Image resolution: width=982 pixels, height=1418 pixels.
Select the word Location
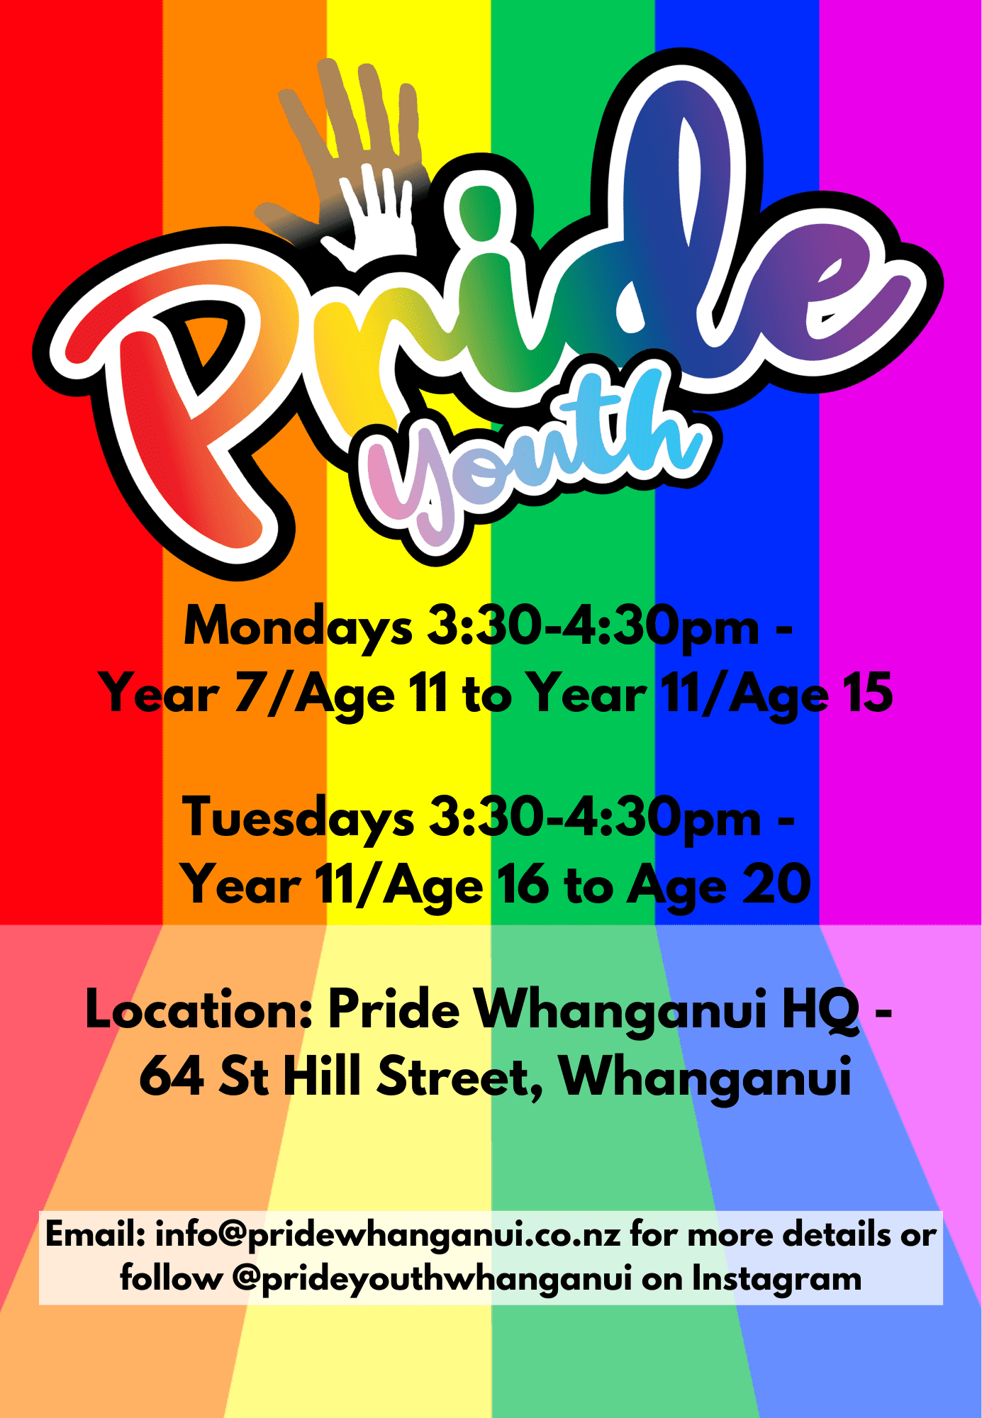(x=199, y=1009)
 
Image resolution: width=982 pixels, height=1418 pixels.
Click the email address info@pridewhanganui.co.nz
(x=388, y=1235)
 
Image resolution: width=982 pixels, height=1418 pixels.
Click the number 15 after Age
(x=867, y=693)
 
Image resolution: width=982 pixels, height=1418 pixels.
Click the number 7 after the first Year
(x=248, y=693)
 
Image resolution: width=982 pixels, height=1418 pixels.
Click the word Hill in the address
(x=323, y=1075)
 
